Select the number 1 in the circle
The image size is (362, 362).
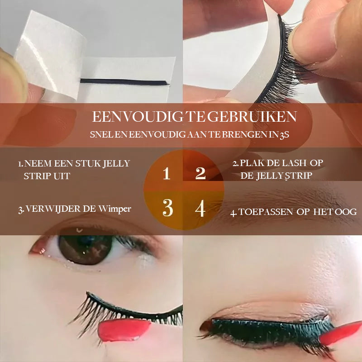coord(167,173)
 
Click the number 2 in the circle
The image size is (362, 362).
coord(200,173)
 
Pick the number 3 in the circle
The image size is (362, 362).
coord(167,208)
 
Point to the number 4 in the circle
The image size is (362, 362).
coord(200,209)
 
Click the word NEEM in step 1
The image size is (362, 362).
coord(37,163)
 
